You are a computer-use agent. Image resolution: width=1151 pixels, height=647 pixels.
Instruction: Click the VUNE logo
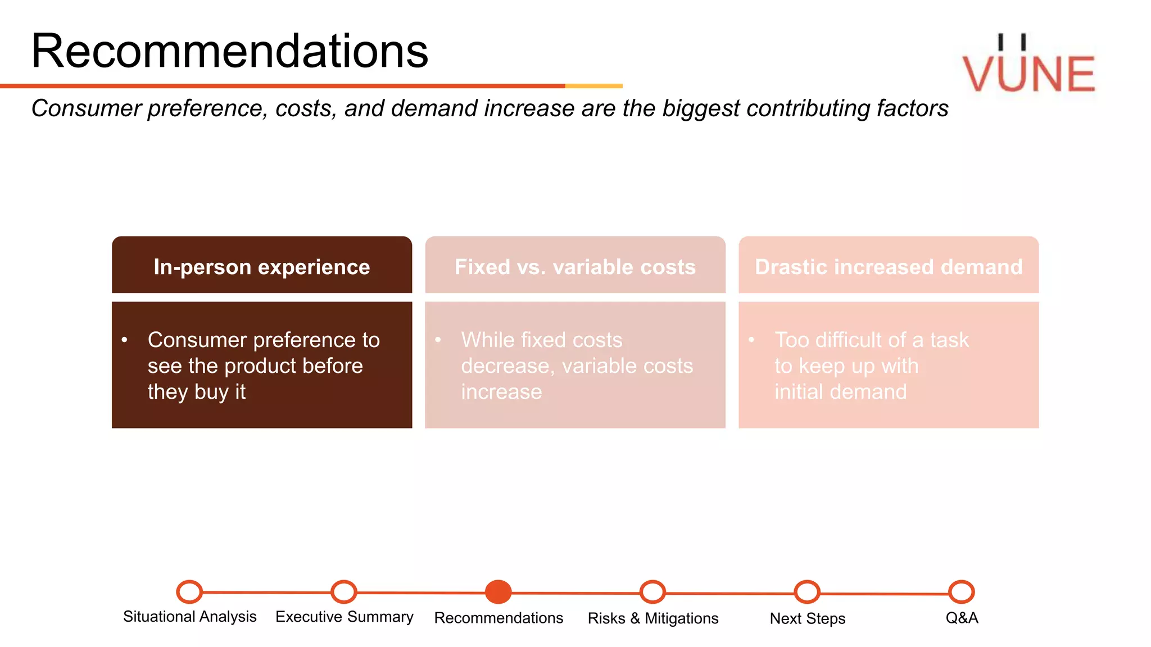(x=1028, y=66)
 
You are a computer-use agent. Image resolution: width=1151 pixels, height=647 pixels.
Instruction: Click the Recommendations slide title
(x=229, y=51)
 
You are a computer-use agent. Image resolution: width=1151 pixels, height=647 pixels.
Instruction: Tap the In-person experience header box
(x=262, y=266)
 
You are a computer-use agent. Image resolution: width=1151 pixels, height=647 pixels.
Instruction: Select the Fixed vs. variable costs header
(x=575, y=266)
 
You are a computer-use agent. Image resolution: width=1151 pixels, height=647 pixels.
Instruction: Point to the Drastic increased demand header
(x=888, y=266)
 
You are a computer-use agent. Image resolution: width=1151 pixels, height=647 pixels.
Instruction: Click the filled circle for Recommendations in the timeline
(x=498, y=592)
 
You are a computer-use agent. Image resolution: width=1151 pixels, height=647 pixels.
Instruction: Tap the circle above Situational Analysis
(x=189, y=591)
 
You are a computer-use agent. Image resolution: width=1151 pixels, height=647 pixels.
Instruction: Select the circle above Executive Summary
(x=343, y=591)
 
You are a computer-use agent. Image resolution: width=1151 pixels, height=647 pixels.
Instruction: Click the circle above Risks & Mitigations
(x=652, y=592)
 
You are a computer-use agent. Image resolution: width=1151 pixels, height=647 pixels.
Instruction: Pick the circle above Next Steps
(x=807, y=592)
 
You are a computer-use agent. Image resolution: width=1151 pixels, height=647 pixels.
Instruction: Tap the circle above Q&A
(x=961, y=592)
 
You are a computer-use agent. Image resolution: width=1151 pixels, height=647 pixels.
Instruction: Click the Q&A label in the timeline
(x=962, y=618)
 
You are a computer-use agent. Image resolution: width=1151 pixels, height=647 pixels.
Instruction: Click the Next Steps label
(x=807, y=618)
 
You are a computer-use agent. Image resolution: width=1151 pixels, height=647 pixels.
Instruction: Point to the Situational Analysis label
(x=189, y=617)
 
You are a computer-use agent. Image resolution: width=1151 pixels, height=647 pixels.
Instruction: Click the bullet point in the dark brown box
(x=124, y=340)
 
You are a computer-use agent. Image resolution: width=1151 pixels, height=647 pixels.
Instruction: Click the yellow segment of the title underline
(x=593, y=86)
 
